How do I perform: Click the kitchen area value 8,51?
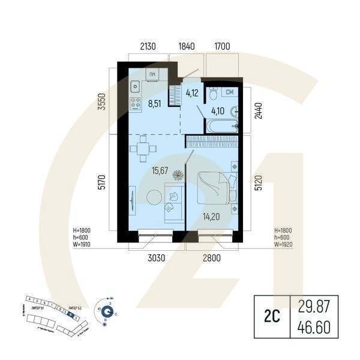[x=154, y=103]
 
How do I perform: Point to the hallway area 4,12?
[x=191, y=93]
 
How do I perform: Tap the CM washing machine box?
[x=229, y=92]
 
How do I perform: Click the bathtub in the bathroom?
[x=221, y=127]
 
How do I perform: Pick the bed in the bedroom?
[x=214, y=186]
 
